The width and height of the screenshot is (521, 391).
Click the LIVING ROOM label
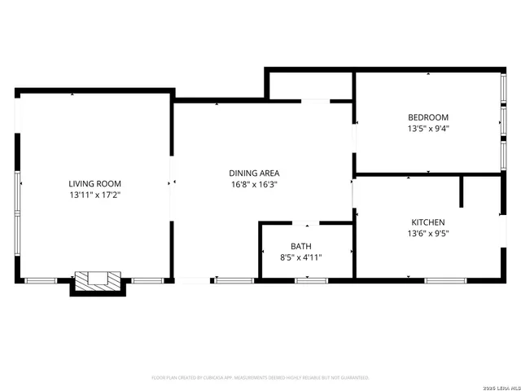[94, 184]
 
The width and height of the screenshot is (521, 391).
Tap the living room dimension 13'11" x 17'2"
[94, 195]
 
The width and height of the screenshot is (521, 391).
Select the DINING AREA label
[254, 173]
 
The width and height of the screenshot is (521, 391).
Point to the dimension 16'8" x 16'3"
[254, 184]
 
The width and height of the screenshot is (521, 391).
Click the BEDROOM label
[428, 117]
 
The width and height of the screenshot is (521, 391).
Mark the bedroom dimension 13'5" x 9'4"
[428, 129]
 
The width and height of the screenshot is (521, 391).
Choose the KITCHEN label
[428, 222]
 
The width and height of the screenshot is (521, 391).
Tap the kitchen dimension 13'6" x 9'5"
[428, 234]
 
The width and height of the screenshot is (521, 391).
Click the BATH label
[301, 246]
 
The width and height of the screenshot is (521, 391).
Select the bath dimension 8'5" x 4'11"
[301, 257]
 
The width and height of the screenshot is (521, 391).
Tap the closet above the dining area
[309, 85]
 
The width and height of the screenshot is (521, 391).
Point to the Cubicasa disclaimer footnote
[260, 378]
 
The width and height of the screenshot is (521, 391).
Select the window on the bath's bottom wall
[311, 280]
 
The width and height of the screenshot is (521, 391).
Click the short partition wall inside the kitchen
[462, 191]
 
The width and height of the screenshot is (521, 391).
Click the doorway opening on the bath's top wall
[306, 223]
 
